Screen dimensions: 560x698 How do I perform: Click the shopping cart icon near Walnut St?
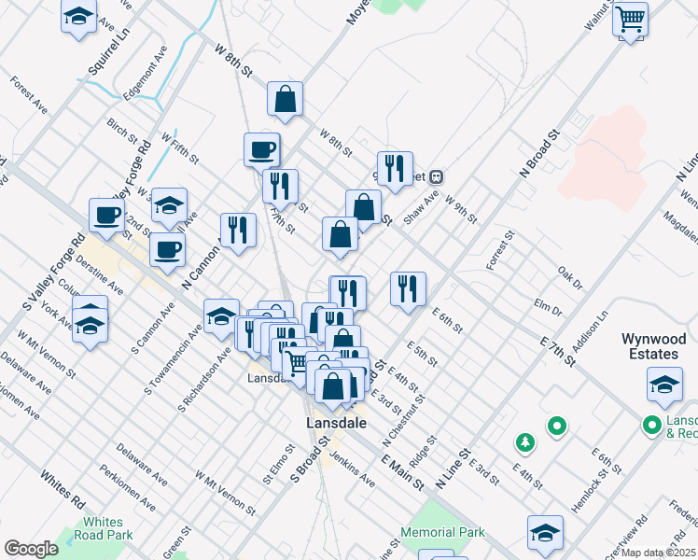click(631, 19)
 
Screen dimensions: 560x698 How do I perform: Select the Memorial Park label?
click(443, 532)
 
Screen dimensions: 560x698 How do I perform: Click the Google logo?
click(31, 549)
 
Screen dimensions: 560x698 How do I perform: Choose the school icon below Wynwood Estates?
click(663, 384)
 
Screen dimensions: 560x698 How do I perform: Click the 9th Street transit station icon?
click(436, 176)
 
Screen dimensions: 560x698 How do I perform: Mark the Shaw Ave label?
click(421, 208)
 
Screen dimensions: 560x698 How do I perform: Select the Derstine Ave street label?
click(100, 274)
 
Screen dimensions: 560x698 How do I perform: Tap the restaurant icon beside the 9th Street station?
click(395, 169)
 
